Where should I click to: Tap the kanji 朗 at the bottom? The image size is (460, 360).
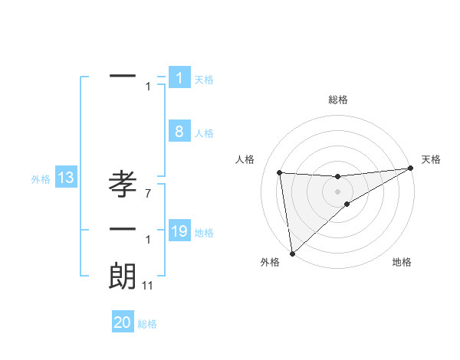pyautogui.click(x=123, y=276)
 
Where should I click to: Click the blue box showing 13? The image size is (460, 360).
pyautogui.click(x=65, y=178)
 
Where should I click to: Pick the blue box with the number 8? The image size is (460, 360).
pyautogui.click(x=179, y=132)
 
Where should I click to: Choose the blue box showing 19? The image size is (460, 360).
pyautogui.click(x=179, y=231)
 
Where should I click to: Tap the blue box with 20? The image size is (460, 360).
pyautogui.click(x=123, y=322)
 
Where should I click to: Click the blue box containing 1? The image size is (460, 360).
pyautogui.click(x=179, y=78)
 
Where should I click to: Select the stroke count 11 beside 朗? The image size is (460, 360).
pyautogui.click(x=148, y=286)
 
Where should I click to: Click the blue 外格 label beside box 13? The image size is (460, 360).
pyautogui.click(x=40, y=179)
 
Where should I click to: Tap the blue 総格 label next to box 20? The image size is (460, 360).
pyautogui.click(x=147, y=324)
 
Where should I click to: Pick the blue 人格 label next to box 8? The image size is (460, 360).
pyautogui.click(x=204, y=133)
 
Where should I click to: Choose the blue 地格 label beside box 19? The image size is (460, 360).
pyautogui.click(x=204, y=233)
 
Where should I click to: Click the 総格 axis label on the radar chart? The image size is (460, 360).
pyautogui.click(x=337, y=100)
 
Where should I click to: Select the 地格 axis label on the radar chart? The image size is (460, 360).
pyautogui.click(x=402, y=262)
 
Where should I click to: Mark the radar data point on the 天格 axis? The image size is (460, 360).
pyautogui.click(x=411, y=169)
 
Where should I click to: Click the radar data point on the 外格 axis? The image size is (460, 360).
pyautogui.click(x=291, y=253)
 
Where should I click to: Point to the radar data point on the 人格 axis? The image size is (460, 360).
pyautogui.click(x=280, y=172)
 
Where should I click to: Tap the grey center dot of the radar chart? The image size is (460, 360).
pyautogui.click(x=337, y=191)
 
